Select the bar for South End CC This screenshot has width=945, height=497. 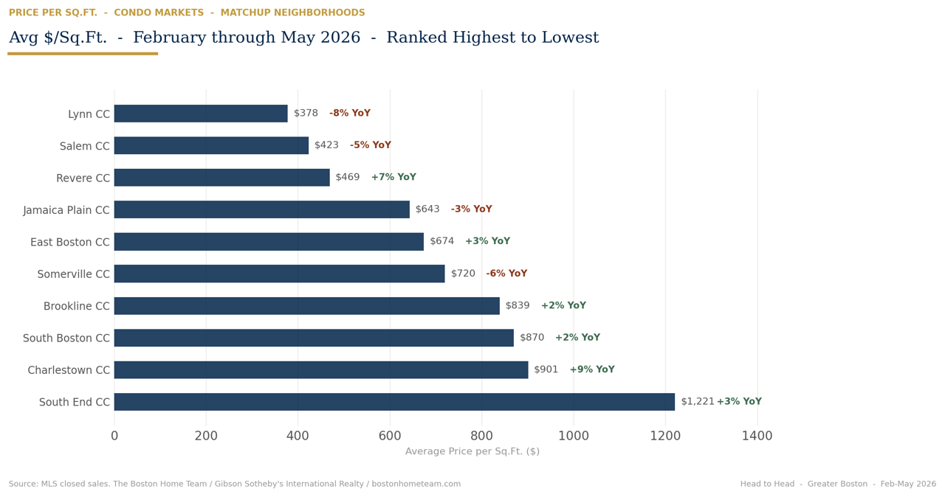(x=394, y=402)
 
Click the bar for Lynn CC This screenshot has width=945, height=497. (x=201, y=114)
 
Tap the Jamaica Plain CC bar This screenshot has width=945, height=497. (x=262, y=209)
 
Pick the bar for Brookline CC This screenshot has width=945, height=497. (x=307, y=306)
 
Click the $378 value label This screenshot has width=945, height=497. (x=306, y=113)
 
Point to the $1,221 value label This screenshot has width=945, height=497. (x=698, y=401)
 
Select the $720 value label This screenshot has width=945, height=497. (x=463, y=274)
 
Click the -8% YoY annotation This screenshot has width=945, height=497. (x=350, y=113)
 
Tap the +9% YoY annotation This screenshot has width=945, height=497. (x=592, y=369)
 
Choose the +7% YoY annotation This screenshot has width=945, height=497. (x=394, y=177)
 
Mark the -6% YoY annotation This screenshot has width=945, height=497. (x=506, y=274)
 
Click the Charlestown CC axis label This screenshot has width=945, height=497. (x=69, y=370)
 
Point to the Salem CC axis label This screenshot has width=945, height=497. (x=84, y=146)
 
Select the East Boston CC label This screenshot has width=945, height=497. (x=70, y=242)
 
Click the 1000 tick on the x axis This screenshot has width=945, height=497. (x=574, y=436)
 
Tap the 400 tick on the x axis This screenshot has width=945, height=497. (x=298, y=436)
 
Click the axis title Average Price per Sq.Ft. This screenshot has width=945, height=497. (x=472, y=451)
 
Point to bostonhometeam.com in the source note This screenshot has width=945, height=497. (x=416, y=484)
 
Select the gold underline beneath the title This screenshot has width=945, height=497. (x=83, y=54)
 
